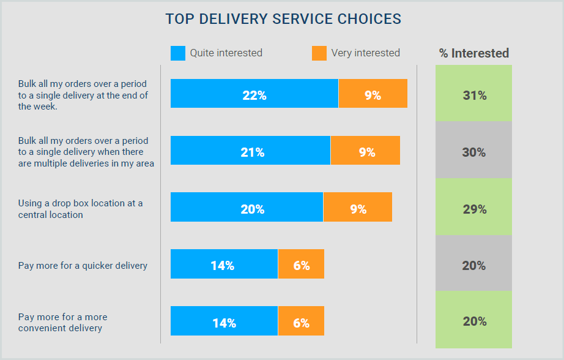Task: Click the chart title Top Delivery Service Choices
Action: click(x=283, y=19)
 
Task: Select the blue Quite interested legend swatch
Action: click(x=177, y=53)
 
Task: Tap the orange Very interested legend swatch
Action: click(x=319, y=53)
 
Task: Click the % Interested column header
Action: click(x=473, y=53)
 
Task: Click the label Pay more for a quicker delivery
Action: click(x=83, y=266)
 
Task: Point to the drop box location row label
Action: click(x=80, y=209)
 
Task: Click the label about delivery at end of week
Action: click(x=83, y=95)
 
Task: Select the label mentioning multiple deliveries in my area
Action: click(x=86, y=152)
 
